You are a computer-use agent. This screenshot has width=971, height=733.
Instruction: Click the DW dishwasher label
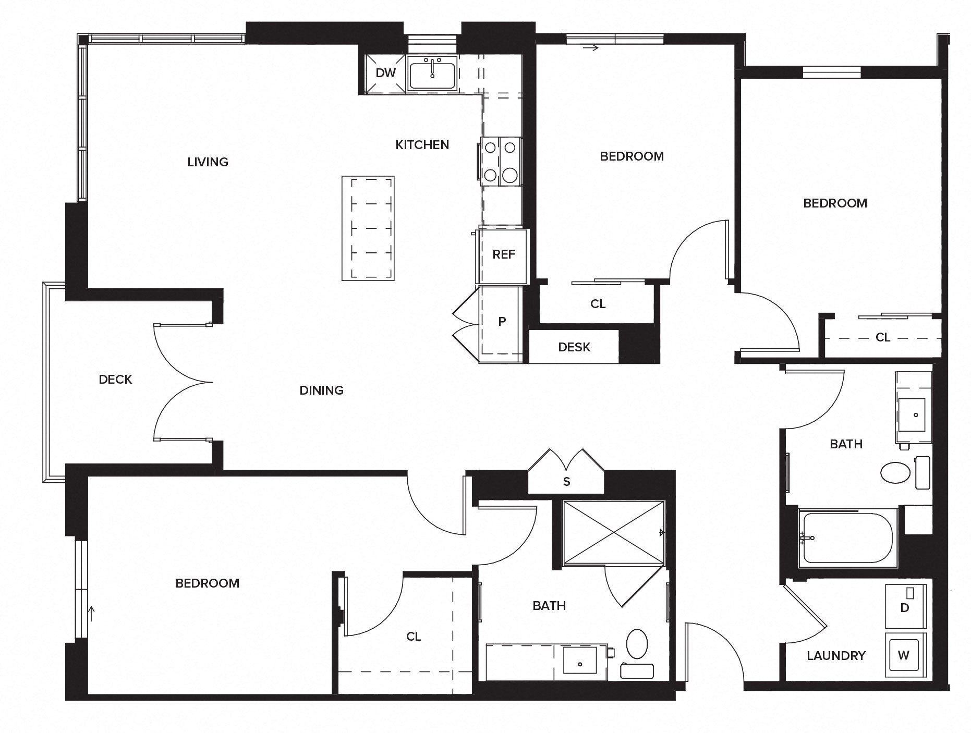pyautogui.click(x=385, y=73)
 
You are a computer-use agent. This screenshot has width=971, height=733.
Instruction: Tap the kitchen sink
pyautogui.click(x=432, y=75)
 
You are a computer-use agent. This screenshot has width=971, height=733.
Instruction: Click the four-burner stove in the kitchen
pyautogui.click(x=501, y=161)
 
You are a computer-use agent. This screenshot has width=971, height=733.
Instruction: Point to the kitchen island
pyautogui.click(x=368, y=228)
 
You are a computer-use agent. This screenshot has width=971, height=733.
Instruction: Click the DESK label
pyautogui.click(x=574, y=347)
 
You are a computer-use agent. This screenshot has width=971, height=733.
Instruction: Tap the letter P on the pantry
pyautogui.click(x=502, y=322)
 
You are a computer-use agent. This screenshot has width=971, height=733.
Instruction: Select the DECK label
pyautogui.click(x=115, y=380)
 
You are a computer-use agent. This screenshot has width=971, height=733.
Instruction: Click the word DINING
pyautogui.click(x=321, y=390)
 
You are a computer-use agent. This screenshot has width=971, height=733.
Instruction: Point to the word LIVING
pyautogui.click(x=208, y=162)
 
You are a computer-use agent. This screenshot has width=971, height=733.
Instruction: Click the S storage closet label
pyautogui.click(x=566, y=482)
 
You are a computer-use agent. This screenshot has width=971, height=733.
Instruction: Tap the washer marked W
pyautogui.click(x=904, y=655)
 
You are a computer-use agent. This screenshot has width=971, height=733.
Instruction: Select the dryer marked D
pyautogui.click(x=905, y=607)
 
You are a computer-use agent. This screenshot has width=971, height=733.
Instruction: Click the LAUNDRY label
pyautogui.click(x=836, y=656)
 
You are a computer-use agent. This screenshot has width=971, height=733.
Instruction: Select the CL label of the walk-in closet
pyautogui.click(x=413, y=637)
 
